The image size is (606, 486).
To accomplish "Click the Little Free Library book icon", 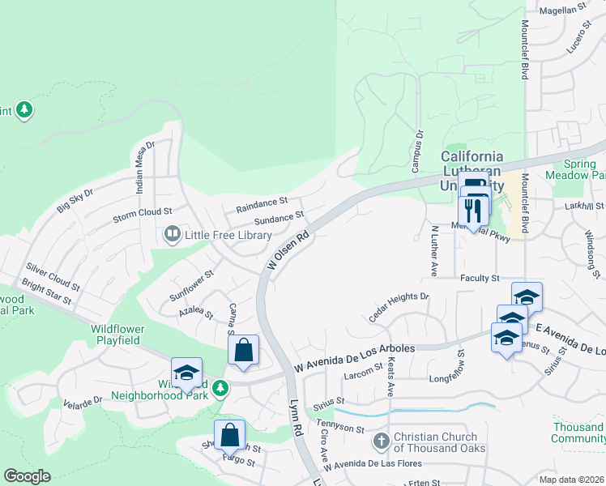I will pyautogui.click(x=172, y=235).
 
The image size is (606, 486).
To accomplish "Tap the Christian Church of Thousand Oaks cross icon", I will pyautogui.click(x=381, y=441).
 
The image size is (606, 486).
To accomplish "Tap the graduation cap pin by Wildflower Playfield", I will pyautogui.click(x=186, y=373).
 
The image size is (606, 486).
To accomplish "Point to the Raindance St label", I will pyautogui.click(x=262, y=204).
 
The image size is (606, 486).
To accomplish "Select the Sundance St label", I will pyautogui.click(x=279, y=219).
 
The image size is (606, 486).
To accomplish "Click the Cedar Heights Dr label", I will pyautogui.click(x=399, y=308).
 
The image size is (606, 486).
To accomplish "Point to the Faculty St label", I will pyautogui.click(x=480, y=278).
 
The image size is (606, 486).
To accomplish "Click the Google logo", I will pyautogui.click(x=28, y=475).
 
